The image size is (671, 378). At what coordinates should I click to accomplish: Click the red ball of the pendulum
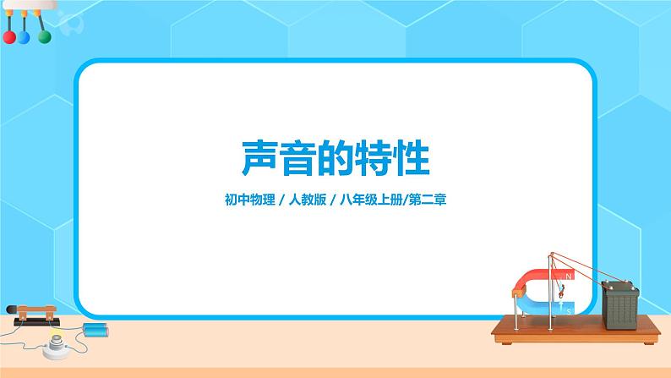click(9, 38)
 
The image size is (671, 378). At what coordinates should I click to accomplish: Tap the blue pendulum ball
click(25, 38)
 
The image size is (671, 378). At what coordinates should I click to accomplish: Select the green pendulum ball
click(44, 38)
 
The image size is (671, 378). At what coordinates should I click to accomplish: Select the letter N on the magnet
click(570, 277)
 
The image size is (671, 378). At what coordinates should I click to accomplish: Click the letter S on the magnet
click(570, 310)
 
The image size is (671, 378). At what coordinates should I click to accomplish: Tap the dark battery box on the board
click(619, 303)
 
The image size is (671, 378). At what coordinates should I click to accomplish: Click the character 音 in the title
click(293, 158)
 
